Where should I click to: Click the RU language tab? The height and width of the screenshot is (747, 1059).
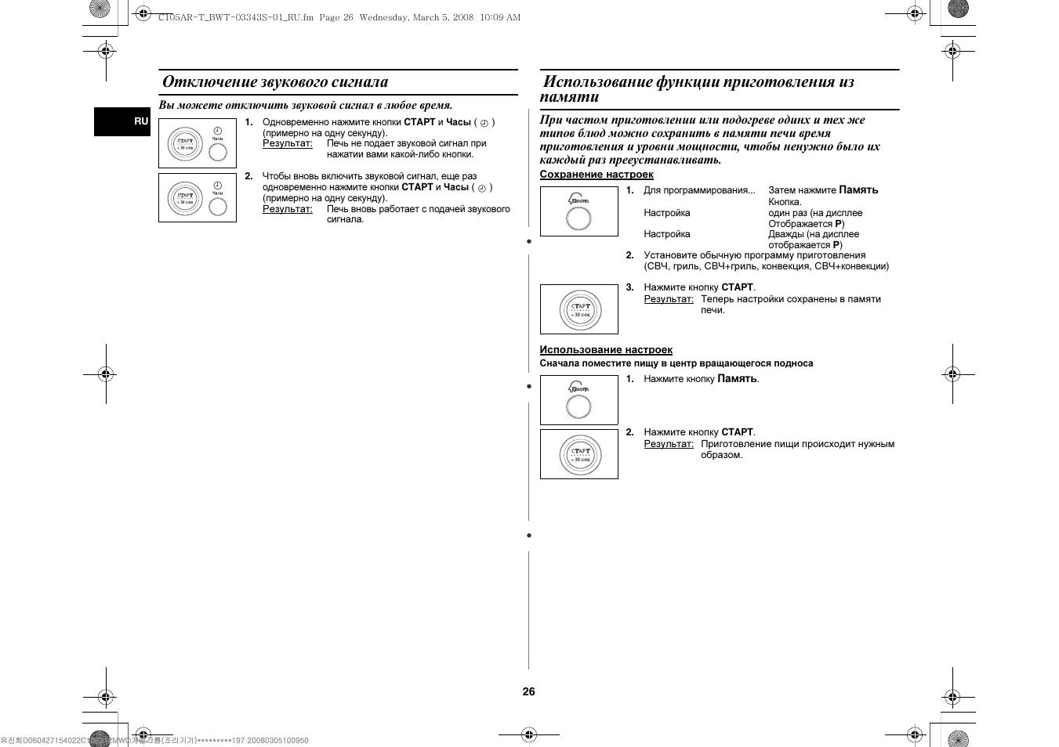click(140, 121)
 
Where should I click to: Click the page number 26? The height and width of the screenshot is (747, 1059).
click(529, 691)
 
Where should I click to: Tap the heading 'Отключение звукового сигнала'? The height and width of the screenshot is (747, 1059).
click(275, 82)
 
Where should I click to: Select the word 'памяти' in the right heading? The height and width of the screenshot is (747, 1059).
click(569, 97)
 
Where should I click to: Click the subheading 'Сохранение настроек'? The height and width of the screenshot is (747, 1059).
click(597, 175)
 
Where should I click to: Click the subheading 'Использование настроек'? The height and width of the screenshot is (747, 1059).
click(606, 350)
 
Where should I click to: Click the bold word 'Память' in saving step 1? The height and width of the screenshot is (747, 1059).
click(858, 190)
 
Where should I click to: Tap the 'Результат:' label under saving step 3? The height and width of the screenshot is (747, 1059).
click(669, 299)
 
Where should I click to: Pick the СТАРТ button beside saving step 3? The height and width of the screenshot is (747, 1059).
click(580, 310)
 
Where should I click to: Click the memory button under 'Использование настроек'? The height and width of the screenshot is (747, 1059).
click(578, 406)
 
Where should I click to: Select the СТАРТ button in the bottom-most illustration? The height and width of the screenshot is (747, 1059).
click(580, 455)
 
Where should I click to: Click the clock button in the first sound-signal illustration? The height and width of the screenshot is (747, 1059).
click(218, 152)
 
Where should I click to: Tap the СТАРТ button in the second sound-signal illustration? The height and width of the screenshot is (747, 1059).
click(185, 198)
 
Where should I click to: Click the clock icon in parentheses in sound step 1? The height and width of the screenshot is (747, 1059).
click(484, 123)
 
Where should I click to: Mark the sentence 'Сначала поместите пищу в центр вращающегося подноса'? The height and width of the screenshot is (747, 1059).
click(676, 363)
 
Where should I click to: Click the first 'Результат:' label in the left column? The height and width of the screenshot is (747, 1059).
click(288, 143)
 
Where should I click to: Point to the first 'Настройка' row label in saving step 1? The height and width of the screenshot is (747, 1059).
click(667, 213)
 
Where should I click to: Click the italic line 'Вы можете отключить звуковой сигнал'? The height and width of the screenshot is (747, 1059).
click(306, 105)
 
